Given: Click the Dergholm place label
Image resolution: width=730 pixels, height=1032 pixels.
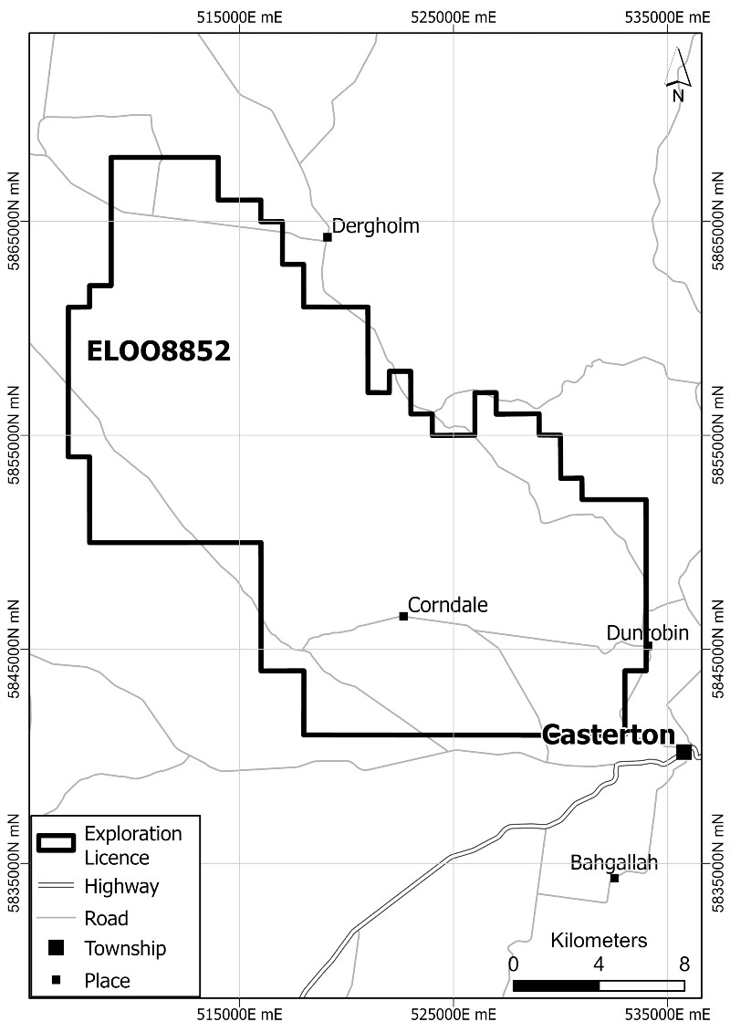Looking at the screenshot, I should tap(375, 225).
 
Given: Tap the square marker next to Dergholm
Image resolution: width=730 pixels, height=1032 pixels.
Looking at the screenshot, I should tap(328, 237).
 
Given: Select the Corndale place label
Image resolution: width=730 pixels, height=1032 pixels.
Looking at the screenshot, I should tap(448, 604).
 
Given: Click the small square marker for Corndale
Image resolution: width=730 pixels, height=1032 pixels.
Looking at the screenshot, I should tap(403, 616).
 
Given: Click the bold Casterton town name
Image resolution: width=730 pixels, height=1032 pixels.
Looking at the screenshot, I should tap(608, 735).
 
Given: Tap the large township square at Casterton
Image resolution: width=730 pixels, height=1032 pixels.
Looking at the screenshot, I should tap(683, 752).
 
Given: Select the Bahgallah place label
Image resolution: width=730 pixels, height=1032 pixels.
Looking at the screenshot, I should tap(613, 862).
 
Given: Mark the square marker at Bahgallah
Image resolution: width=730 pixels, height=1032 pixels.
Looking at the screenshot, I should tap(614, 878).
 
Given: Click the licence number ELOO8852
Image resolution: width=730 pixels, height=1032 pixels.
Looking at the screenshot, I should tap(158, 351).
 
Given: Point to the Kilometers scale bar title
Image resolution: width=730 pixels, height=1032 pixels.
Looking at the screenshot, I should tap(599, 941).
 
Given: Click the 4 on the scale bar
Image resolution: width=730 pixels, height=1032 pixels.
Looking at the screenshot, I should tap(599, 964).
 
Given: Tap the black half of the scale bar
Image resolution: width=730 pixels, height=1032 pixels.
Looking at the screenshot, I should tap(556, 985).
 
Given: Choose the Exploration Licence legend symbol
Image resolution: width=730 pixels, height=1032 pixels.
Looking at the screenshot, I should tap(57, 844).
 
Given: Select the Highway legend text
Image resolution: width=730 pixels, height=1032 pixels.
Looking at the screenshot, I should tap(121, 885).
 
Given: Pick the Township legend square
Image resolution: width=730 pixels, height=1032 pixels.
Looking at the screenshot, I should tap(57, 948).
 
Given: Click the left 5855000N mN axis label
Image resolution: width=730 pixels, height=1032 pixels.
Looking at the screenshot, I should tap(13, 436).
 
